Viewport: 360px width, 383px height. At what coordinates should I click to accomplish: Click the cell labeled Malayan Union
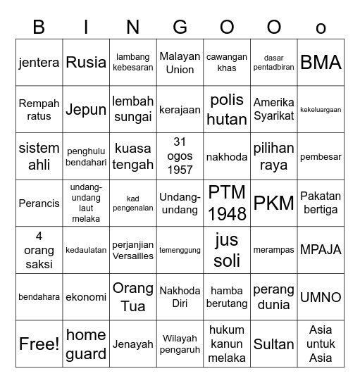(x=180, y=62)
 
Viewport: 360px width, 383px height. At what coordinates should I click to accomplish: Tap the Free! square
(x=39, y=344)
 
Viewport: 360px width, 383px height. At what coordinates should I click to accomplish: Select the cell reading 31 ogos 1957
(x=180, y=156)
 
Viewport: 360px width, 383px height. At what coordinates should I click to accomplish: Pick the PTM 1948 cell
(x=227, y=203)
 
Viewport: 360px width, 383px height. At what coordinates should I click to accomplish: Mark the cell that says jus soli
(x=227, y=250)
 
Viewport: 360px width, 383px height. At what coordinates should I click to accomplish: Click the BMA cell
(x=321, y=62)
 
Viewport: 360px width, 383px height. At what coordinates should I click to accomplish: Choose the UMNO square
(x=321, y=297)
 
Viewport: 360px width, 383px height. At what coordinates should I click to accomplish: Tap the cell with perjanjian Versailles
(x=132, y=250)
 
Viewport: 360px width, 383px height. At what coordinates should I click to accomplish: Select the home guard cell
(x=86, y=344)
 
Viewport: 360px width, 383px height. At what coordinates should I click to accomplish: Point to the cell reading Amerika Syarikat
(x=273, y=109)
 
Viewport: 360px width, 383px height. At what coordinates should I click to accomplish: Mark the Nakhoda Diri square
(x=180, y=297)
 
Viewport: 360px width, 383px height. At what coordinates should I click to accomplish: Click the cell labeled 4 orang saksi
(x=39, y=250)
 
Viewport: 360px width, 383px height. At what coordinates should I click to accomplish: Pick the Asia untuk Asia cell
(x=321, y=344)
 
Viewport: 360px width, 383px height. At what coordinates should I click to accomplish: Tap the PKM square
(x=273, y=203)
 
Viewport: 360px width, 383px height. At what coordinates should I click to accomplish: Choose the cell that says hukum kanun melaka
(x=227, y=344)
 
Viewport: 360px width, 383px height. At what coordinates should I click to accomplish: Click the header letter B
(x=39, y=27)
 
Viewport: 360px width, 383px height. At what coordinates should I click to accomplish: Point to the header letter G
(x=180, y=27)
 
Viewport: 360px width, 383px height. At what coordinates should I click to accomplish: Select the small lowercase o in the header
(x=321, y=29)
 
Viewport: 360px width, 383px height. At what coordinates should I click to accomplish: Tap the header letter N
(x=132, y=27)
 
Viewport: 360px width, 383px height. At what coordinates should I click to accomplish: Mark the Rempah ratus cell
(x=39, y=109)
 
